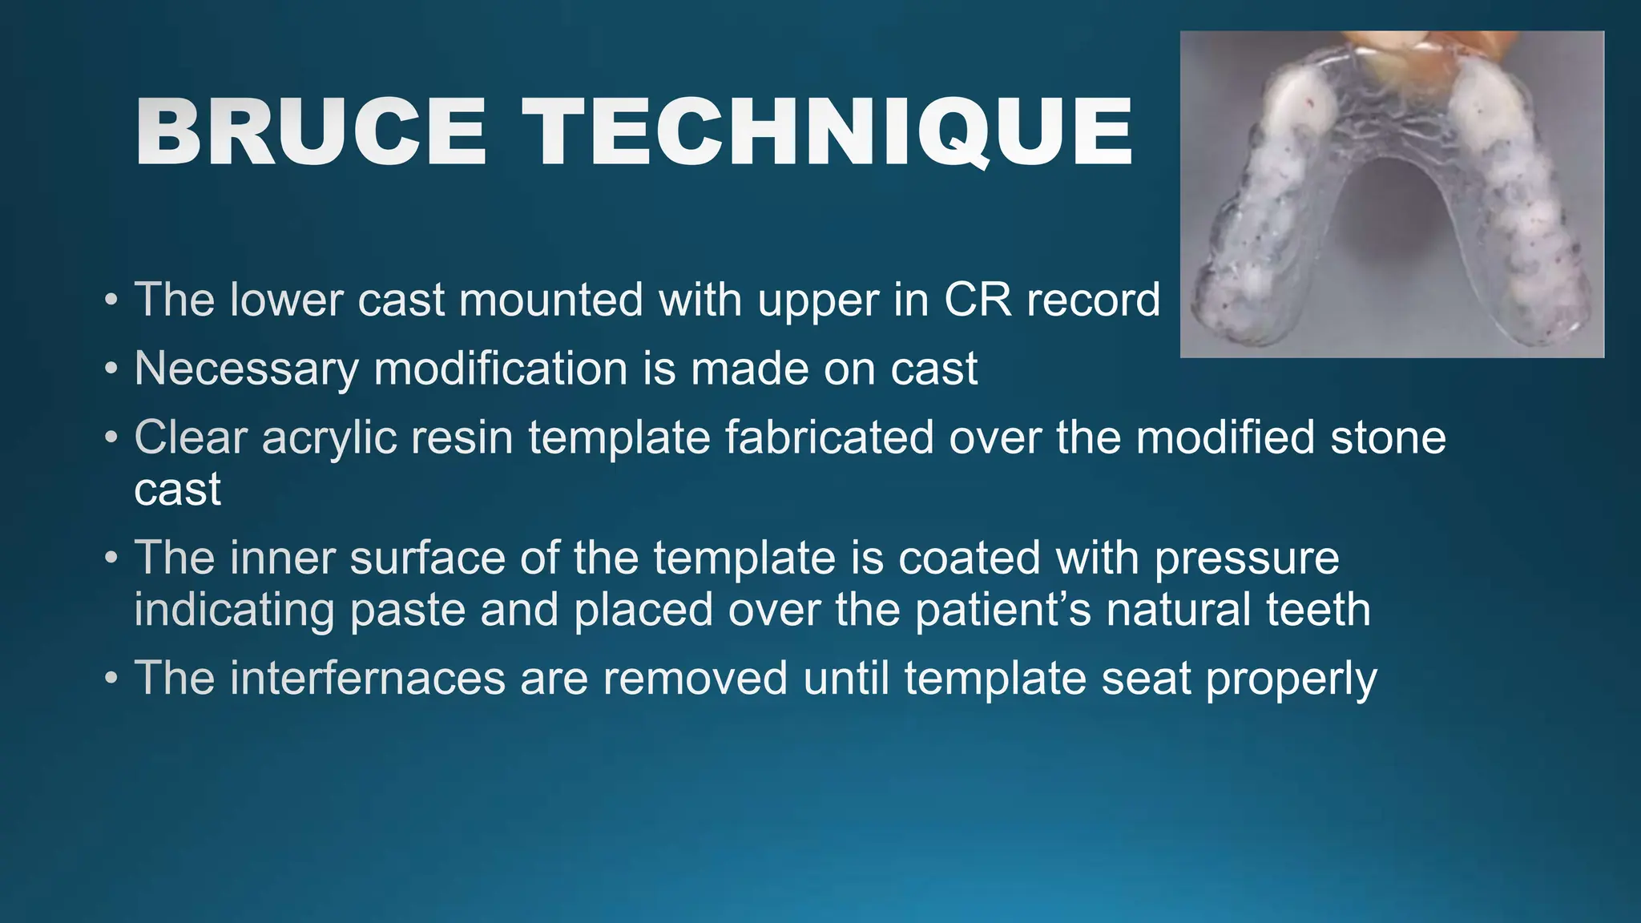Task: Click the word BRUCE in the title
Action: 311,132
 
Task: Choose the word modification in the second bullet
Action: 501,369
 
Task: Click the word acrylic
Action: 329,437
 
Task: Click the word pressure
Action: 1246,558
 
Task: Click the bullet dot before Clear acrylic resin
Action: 111,439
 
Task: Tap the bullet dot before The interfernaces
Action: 111,679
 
